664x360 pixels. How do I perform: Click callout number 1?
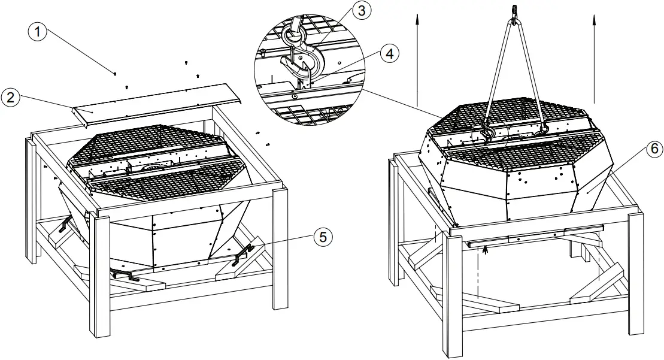point(38,31)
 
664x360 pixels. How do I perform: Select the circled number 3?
point(360,10)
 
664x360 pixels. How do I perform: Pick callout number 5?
point(323,237)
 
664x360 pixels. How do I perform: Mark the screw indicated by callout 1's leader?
point(114,74)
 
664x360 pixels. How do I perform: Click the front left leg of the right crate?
point(452,294)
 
